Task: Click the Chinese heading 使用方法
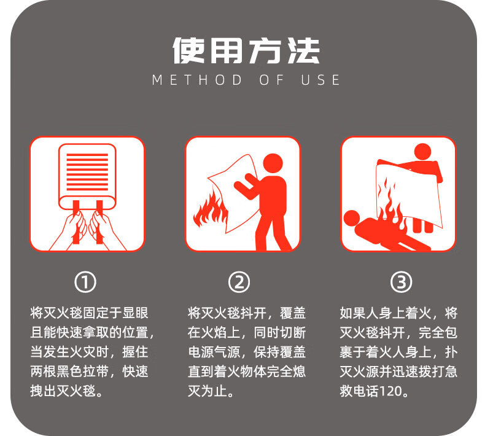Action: [246, 51]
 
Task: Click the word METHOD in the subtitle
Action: [197, 80]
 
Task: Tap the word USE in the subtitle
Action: [320, 80]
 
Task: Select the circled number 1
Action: [85, 282]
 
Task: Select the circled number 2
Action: [239, 282]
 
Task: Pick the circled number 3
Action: [401, 282]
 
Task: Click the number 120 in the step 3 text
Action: [390, 391]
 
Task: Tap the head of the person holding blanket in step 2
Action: [273, 164]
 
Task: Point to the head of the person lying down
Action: [352, 218]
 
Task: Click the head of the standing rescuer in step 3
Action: [422, 152]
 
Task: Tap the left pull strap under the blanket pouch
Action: [76, 221]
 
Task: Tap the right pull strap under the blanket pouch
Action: [99, 221]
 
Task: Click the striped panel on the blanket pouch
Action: [87, 172]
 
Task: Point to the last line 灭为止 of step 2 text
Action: [211, 391]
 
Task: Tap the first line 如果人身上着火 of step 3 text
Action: [385, 313]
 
